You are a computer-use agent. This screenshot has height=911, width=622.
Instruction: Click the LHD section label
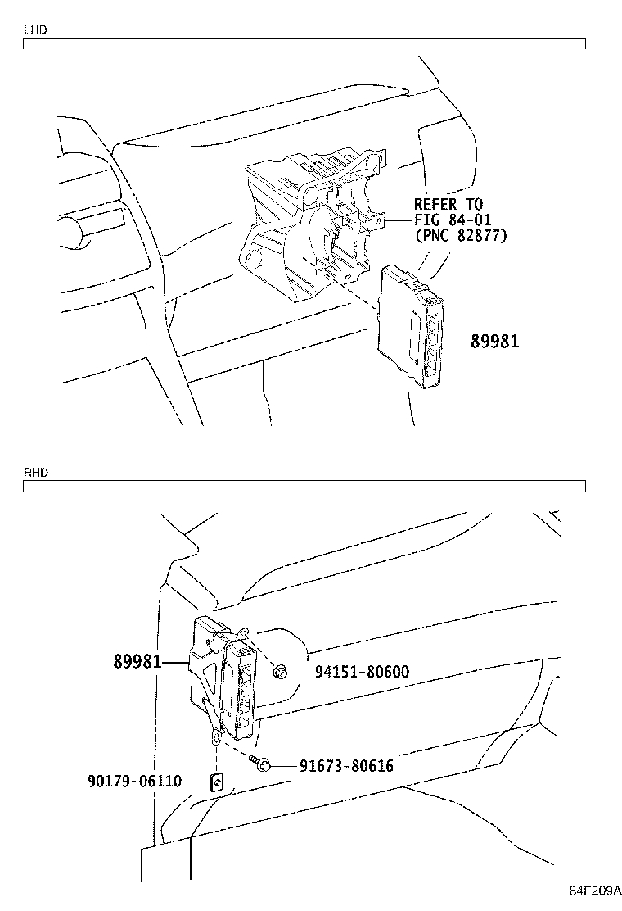(x=35, y=29)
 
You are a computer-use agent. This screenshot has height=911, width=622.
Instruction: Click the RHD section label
(x=36, y=473)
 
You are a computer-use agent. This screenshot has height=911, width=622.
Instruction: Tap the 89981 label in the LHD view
(x=494, y=341)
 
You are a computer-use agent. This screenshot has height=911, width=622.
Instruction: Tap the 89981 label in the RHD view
(x=137, y=661)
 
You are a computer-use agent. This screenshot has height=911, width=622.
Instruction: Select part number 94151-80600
(x=362, y=672)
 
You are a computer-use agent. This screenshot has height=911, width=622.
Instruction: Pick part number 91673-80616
(x=346, y=766)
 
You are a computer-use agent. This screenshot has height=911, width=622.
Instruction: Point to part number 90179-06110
(x=134, y=782)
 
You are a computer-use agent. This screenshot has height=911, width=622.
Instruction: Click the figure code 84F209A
(x=593, y=891)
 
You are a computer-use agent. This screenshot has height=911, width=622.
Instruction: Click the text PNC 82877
(x=462, y=236)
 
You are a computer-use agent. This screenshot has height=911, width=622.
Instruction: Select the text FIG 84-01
(x=453, y=220)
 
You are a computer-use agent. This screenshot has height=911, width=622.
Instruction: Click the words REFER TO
(x=448, y=204)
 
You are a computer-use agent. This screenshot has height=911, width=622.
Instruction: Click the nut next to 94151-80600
(x=278, y=673)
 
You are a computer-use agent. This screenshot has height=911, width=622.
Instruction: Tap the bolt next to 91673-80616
(x=259, y=764)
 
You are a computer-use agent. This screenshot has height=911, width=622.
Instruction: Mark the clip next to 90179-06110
(x=217, y=782)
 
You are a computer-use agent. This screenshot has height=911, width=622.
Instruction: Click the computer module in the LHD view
(x=411, y=327)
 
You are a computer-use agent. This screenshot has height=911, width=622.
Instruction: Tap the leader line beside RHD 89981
(x=177, y=662)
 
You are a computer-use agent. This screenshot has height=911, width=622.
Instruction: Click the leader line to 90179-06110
(x=196, y=782)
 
